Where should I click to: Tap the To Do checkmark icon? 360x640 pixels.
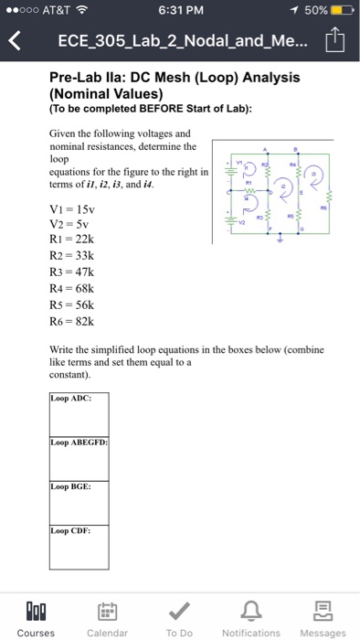point(179,610)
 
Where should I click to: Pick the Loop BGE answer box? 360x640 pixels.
point(79,503)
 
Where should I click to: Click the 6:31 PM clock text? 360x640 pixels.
point(179,10)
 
